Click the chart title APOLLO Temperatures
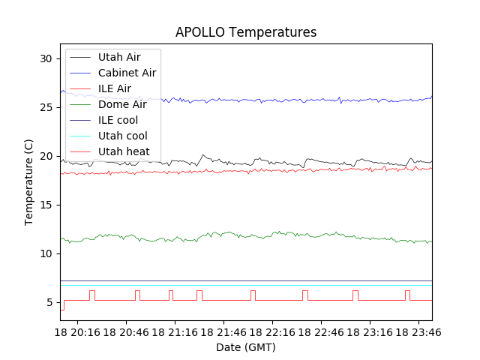coord(246,33)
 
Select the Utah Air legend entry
coord(119,56)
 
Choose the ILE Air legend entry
coord(115,88)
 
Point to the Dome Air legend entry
coord(122,104)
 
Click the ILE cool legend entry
coord(118,120)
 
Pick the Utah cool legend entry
coord(122,136)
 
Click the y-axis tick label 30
coord(46,58)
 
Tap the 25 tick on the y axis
coord(46,107)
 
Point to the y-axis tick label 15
coord(46,205)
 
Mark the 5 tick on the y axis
coord(49,302)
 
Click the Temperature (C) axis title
coord(29,182)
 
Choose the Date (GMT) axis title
coord(246,347)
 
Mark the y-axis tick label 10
coord(46,253)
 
